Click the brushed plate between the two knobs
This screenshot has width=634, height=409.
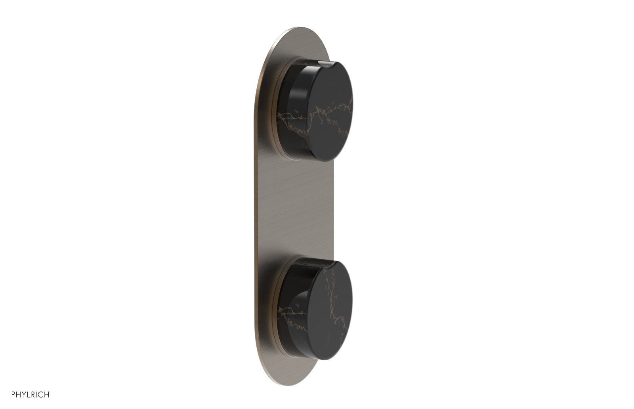(301, 206)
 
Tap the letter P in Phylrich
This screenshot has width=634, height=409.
(3, 395)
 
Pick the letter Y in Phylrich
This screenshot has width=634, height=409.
(14, 395)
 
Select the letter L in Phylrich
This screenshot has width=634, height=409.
(20, 395)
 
